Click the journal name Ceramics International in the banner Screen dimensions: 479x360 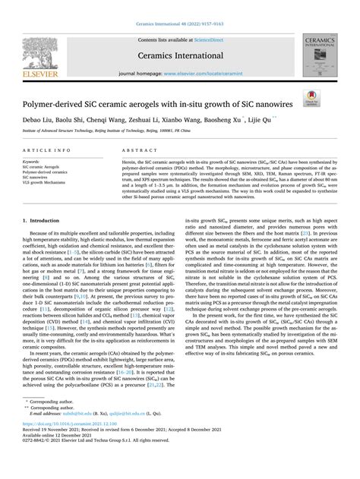(x=178, y=55)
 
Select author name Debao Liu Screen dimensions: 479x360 (x=39, y=121)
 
